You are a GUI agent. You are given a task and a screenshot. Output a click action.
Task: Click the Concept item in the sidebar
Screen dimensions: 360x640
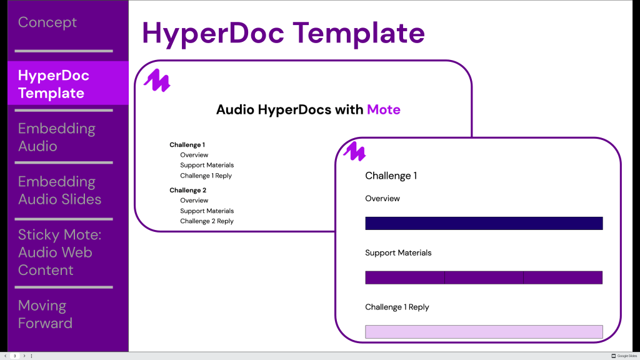(47, 22)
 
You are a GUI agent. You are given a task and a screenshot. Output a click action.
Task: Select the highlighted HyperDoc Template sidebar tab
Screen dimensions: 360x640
(54, 84)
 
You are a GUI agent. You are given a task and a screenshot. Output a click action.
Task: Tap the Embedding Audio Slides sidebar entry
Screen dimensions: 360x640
(59, 191)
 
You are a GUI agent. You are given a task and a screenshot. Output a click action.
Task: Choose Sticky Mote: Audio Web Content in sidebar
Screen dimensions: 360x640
(59, 252)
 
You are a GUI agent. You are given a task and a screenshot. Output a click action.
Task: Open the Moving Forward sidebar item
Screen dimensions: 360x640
(45, 314)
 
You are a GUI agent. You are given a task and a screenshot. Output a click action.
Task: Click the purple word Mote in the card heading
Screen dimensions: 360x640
(383, 110)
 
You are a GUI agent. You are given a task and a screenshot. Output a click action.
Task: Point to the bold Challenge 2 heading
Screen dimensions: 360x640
(187, 190)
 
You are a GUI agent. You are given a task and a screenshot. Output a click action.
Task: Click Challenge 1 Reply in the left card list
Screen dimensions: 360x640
(206, 176)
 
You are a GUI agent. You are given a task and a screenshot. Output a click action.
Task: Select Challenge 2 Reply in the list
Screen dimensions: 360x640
(207, 221)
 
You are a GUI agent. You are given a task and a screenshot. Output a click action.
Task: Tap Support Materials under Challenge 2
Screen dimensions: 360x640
(207, 211)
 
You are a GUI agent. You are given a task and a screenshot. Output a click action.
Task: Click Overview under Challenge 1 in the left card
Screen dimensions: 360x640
(194, 155)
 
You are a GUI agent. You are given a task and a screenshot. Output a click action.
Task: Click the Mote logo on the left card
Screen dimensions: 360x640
(157, 81)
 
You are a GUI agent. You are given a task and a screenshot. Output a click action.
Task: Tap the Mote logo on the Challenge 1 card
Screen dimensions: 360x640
(354, 151)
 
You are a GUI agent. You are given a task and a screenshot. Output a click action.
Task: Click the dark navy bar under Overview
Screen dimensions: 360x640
(484, 223)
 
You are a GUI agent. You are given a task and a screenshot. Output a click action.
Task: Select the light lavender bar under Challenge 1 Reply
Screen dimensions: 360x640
(484, 331)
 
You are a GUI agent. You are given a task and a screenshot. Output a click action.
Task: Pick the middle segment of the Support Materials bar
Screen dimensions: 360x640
(484, 277)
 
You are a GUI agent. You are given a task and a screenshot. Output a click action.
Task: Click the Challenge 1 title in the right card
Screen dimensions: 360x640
(391, 176)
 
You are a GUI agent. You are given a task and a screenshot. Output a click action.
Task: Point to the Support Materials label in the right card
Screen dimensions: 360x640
(398, 252)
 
